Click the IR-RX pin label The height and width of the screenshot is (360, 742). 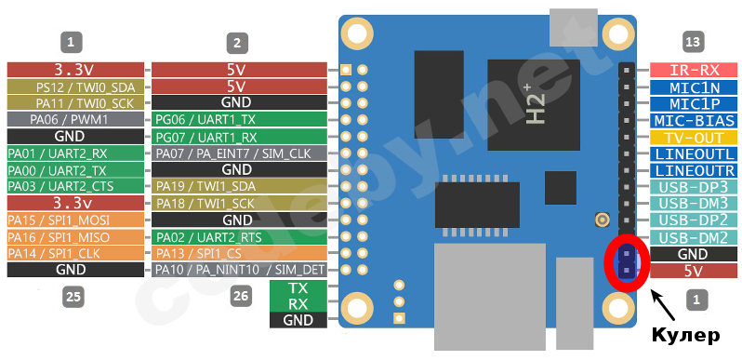tap(694, 70)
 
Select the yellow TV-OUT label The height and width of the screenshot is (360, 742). tap(694, 138)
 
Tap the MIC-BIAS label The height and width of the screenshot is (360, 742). tap(694, 121)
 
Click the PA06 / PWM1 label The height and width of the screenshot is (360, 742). tap(75, 119)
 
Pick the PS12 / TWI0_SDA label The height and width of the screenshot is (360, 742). tap(75, 87)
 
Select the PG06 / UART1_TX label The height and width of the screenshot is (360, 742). tap(239, 119)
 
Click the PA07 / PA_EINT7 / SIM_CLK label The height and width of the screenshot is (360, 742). tap(239, 153)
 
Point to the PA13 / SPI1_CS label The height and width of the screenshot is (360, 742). tap(239, 253)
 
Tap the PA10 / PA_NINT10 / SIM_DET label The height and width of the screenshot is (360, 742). tap(239, 270)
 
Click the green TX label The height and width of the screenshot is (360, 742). tap(298, 287)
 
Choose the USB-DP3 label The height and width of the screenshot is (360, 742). tap(694, 186)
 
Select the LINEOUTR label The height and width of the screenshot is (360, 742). tap(694, 170)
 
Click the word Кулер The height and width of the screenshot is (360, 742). tap(685, 336)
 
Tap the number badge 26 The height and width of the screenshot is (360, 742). tap(241, 297)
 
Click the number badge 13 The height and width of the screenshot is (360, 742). tap(692, 42)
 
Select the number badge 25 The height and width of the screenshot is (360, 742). tap(73, 297)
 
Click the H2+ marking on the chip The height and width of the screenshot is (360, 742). tap(536, 105)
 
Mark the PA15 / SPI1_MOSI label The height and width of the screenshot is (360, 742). tap(75, 220)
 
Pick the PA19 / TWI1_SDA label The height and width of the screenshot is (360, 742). tap(239, 186)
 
